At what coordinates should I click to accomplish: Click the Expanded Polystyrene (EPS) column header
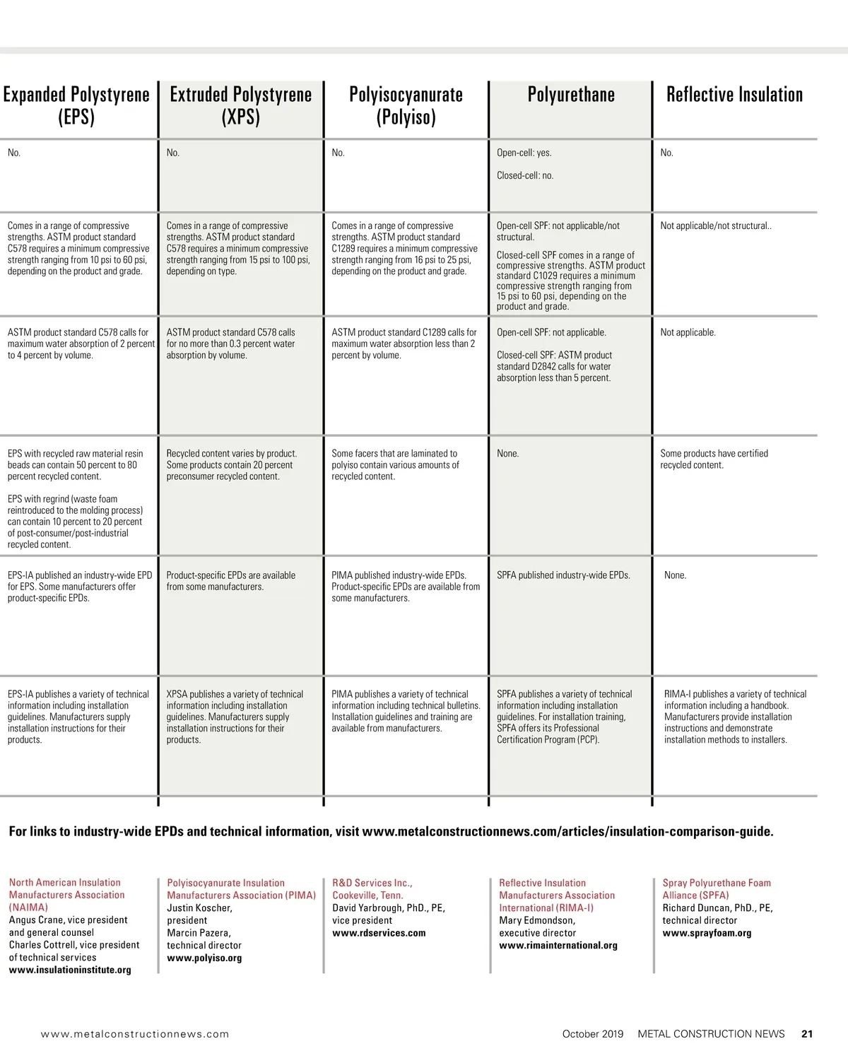[76, 105]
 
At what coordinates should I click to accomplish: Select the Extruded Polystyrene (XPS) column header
[241, 105]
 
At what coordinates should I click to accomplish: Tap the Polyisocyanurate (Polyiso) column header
[406, 105]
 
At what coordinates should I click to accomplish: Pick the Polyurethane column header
[571, 95]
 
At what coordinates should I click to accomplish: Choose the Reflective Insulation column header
[734, 95]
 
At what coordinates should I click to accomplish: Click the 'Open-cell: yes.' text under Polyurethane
[524, 153]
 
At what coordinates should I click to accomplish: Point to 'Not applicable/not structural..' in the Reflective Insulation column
[715, 226]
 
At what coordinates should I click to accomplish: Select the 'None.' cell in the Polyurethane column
[507, 454]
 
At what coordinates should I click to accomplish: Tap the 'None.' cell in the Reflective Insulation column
[675, 575]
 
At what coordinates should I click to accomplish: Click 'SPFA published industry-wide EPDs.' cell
[563, 575]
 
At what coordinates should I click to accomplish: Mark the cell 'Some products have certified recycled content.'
[714, 459]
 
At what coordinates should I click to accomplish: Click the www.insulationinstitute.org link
[70, 970]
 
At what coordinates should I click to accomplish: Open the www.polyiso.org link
[204, 958]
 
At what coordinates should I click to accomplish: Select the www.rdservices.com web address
[379, 933]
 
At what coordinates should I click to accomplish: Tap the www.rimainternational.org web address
[558, 946]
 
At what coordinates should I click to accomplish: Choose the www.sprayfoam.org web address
[707, 933]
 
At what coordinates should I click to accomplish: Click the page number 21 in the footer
[807, 1034]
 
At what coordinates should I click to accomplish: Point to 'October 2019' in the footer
[593, 1034]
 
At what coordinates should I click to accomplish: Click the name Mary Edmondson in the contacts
[536, 921]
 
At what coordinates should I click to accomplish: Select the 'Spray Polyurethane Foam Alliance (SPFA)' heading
[716, 889]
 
